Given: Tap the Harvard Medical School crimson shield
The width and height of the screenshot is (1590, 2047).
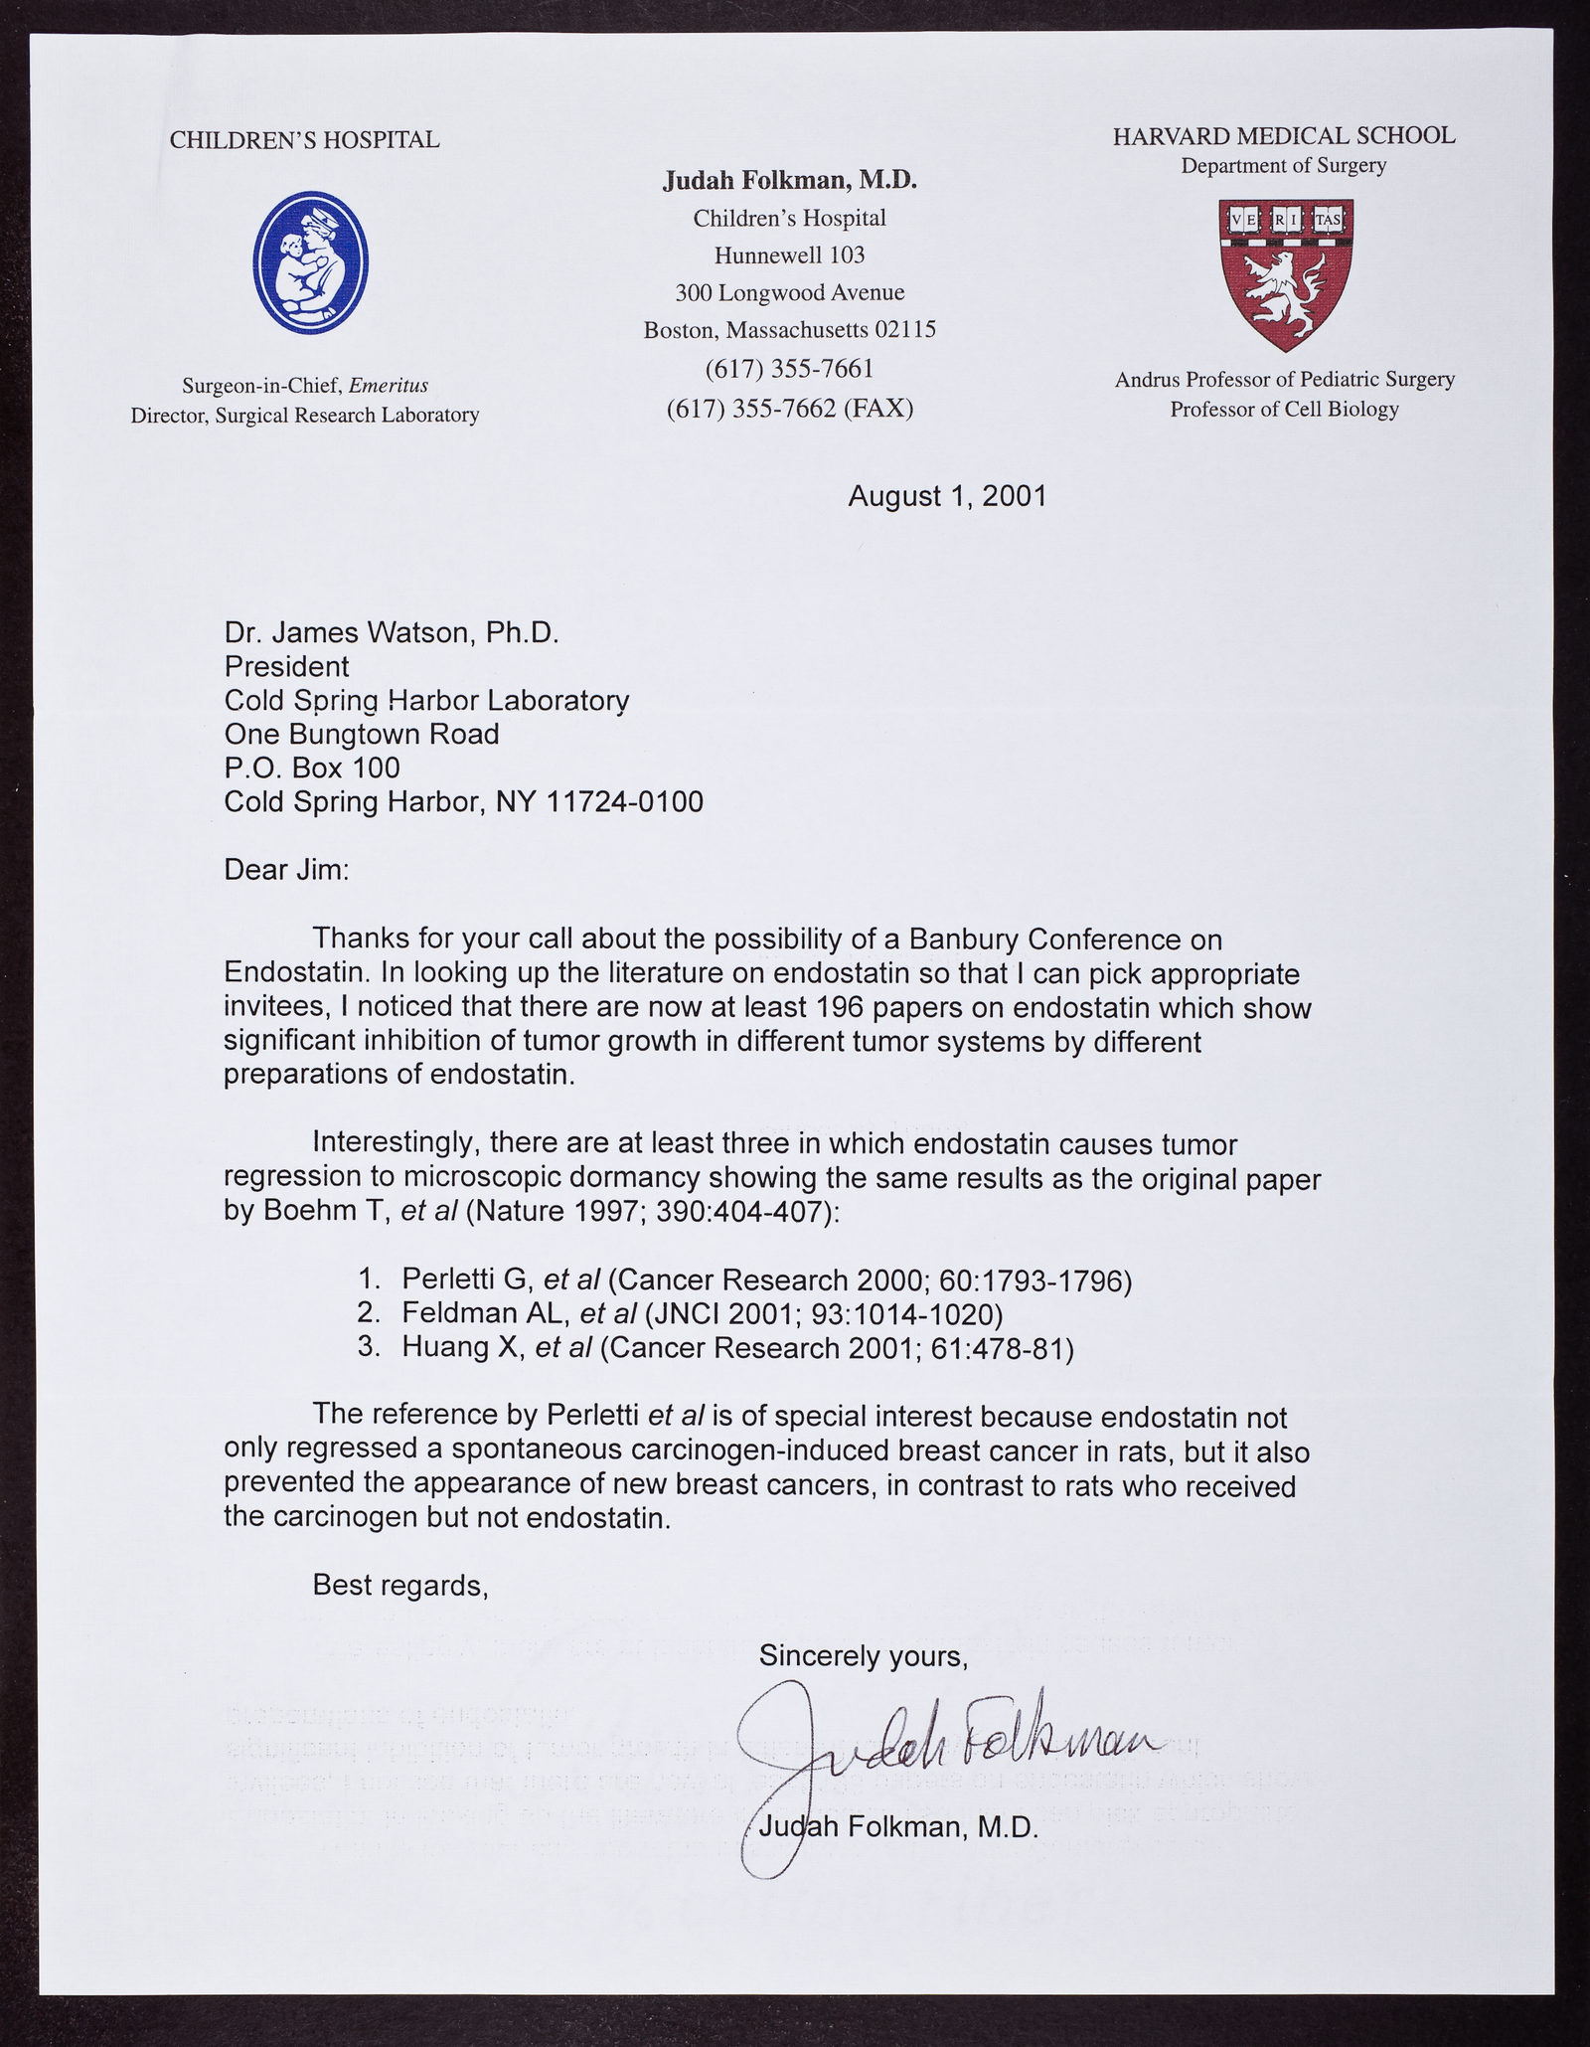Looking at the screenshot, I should click(1286, 272).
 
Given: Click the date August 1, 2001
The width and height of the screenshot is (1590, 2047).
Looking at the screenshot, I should click(947, 496).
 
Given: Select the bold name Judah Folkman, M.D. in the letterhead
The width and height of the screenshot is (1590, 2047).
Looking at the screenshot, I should click(789, 180).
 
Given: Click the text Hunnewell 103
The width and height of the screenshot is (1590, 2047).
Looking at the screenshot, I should click(789, 256).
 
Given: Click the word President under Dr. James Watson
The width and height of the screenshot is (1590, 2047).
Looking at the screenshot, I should click(286, 665).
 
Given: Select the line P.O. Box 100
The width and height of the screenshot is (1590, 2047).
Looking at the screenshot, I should click(312, 768).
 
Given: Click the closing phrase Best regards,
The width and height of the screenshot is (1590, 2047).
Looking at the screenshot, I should click(399, 1586).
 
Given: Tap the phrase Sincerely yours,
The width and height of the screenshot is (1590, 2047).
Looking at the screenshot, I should click(863, 1655).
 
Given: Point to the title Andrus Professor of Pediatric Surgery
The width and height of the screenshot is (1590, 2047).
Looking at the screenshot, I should click(1284, 379).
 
